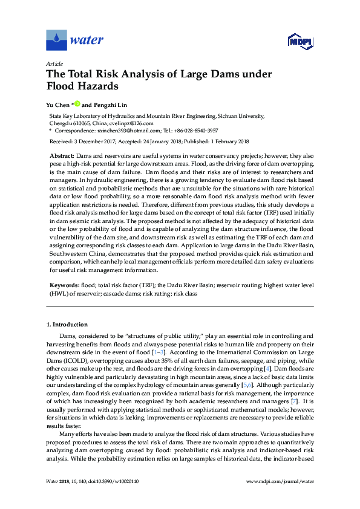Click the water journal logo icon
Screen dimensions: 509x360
tap(56, 41)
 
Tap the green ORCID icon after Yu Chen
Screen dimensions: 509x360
tap(77, 104)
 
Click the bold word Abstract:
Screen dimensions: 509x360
tap(61, 156)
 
